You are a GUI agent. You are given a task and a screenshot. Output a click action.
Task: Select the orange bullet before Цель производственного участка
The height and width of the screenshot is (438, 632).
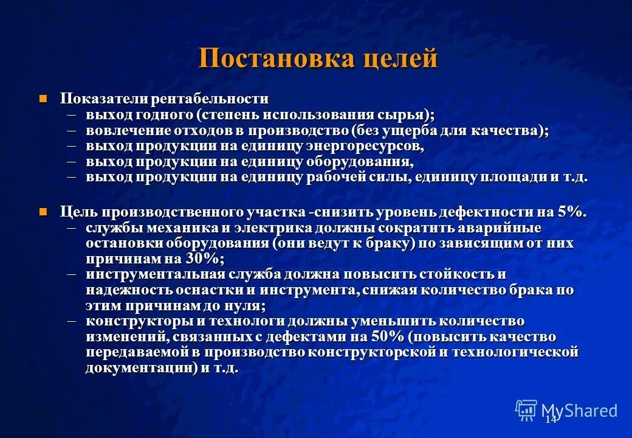pyautogui.click(x=43, y=212)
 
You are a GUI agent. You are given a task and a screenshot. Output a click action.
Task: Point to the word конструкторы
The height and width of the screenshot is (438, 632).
pyautogui.click(x=128, y=321)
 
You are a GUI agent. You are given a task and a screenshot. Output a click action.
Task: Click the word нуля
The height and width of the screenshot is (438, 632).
pyautogui.click(x=245, y=305)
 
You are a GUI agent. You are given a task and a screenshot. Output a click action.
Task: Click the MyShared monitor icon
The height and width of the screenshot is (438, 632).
pyautogui.click(x=526, y=410)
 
